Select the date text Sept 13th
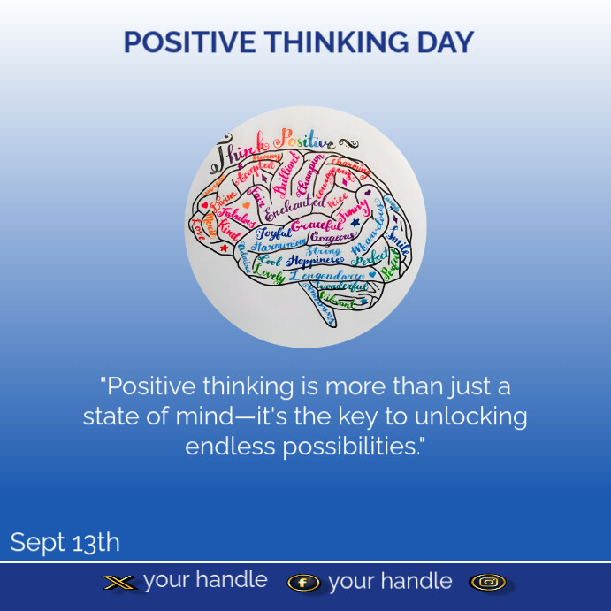[65, 542]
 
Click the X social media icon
[120, 582]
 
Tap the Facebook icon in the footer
[303, 583]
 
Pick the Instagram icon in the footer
[487, 582]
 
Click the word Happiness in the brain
[314, 262]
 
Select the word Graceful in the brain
[317, 226]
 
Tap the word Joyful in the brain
[273, 234]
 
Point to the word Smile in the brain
[398, 241]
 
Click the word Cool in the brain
[270, 263]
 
